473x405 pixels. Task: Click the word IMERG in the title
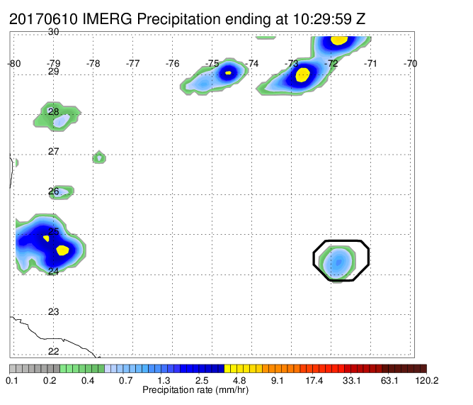click(107, 19)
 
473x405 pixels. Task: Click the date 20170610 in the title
click(43, 19)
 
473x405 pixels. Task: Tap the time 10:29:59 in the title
click(322, 19)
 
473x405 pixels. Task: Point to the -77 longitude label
click(132, 63)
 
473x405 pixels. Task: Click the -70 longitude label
click(410, 63)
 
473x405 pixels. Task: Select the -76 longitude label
click(172, 63)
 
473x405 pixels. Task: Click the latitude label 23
click(53, 311)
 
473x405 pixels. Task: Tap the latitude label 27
click(53, 151)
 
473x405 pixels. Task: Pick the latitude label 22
click(53, 352)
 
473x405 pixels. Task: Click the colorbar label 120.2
click(427, 380)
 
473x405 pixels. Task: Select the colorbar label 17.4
click(314, 380)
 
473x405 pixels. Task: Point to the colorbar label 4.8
click(239, 380)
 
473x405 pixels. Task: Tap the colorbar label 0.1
click(12, 380)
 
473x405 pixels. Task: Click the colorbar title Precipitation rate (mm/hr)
click(195, 390)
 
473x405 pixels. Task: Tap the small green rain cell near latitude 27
click(99, 157)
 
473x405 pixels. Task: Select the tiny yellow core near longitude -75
click(228, 72)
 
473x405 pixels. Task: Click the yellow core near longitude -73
click(302, 74)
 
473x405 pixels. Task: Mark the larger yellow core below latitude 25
click(62, 250)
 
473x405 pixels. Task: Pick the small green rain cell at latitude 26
click(61, 192)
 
